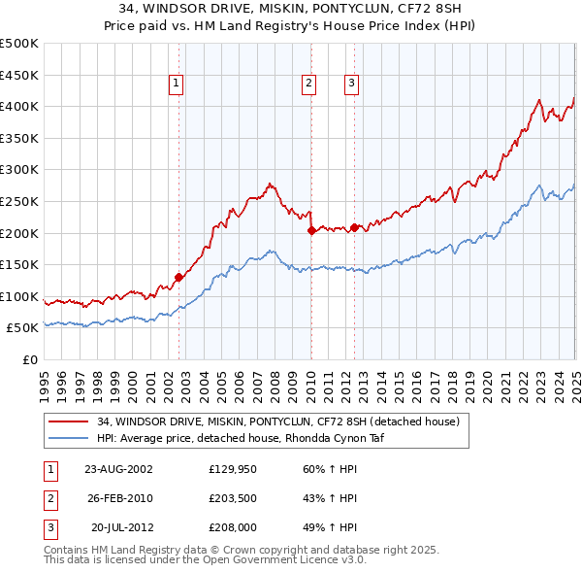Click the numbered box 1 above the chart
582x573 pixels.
tap(177, 84)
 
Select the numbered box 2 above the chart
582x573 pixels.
tap(309, 84)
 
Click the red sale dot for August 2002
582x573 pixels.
tap(178, 277)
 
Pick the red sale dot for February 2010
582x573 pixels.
tap(311, 230)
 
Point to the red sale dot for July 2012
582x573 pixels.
tap(354, 227)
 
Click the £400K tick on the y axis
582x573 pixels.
tap(21, 106)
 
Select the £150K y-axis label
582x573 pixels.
tap(21, 264)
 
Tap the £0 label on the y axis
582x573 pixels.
tap(30, 359)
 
